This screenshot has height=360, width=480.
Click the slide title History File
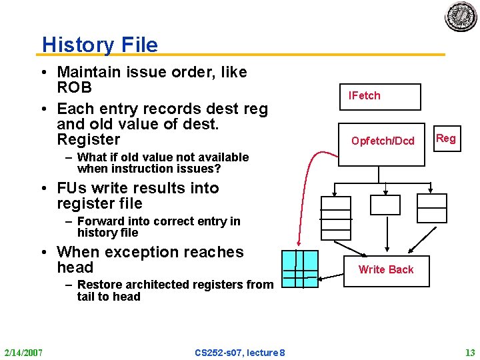[x=100, y=45]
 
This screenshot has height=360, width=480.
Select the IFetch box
[x=380, y=96]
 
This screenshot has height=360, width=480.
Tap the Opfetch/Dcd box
[x=382, y=141]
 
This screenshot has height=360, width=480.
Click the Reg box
[x=445, y=139]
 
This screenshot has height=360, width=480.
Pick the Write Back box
[x=385, y=269]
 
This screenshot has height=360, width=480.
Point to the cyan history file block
[x=300, y=269]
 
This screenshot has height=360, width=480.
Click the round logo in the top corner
[x=461, y=16]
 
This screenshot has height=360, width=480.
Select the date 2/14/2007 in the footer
[x=23, y=352]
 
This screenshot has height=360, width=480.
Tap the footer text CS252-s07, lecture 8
[x=240, y=352]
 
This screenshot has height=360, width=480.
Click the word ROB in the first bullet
[x=74, y=88]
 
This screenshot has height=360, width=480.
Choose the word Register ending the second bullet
[x=89, y=140]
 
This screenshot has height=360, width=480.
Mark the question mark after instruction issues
[x=217, y=169]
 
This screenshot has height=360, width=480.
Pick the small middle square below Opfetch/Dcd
[x=385, y=205]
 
